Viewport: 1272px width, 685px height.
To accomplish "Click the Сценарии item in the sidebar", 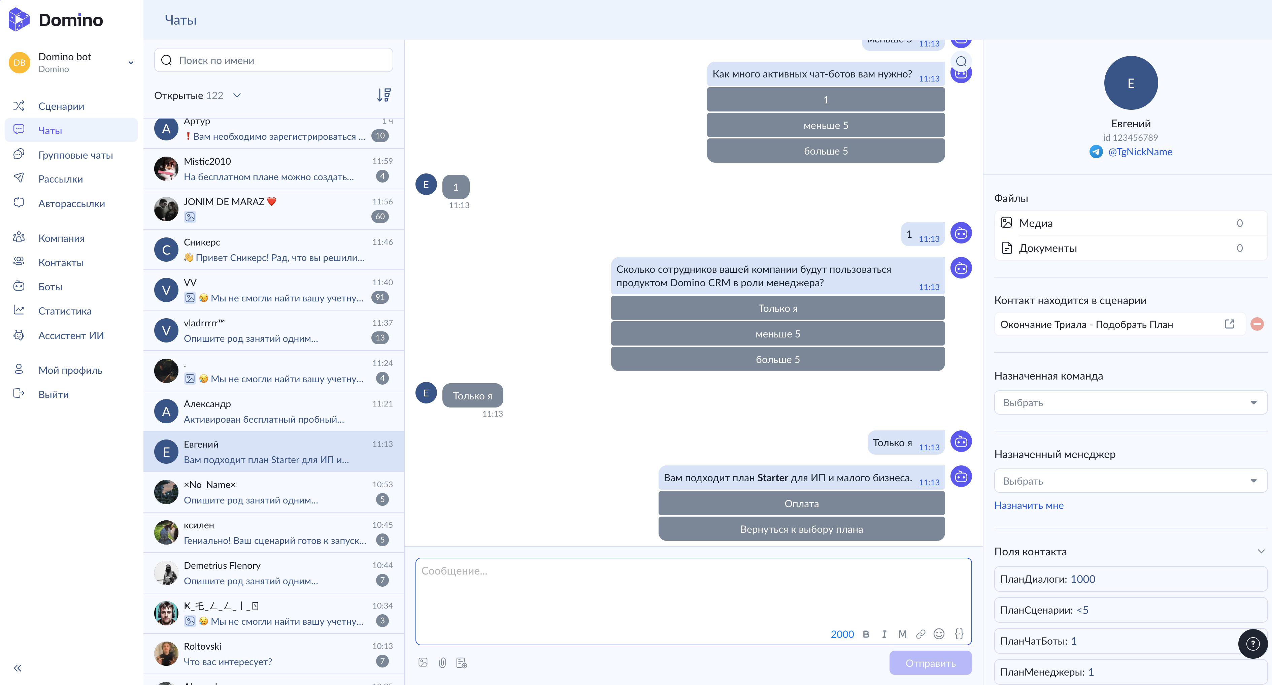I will pos(61,106).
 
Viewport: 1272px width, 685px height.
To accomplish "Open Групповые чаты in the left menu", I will pos(75,155).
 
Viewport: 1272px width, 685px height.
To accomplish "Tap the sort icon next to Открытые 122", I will pos(384,95).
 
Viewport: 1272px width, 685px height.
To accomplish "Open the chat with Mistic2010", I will pos(274,169).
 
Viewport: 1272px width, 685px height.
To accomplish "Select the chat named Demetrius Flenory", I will pos(274,573).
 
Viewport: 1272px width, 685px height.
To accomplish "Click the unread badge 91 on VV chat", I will pos(380,297).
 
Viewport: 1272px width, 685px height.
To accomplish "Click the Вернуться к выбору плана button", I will pos(801,529).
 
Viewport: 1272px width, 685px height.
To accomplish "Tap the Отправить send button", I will pos(930,663).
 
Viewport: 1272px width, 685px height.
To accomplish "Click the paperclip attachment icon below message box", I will pos(442,663).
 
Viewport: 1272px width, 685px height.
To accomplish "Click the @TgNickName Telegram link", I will pos(1140,152).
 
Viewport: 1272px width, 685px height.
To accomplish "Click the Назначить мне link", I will pos(1029,505).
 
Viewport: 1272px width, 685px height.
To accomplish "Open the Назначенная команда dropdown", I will pos(1130,402).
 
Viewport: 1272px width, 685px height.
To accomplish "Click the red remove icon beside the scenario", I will pos(1257,324).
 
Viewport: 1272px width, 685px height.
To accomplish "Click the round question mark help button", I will pos(1253,644).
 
